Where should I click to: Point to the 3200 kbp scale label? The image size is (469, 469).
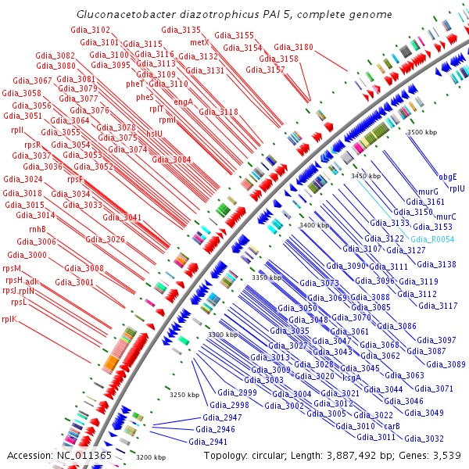point(150,457)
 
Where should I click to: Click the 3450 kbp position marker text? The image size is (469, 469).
point(365,177)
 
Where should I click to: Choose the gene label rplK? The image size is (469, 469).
point(9,319)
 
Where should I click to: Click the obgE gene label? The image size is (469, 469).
point(448,177)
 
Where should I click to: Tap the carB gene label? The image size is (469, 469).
point(392,426)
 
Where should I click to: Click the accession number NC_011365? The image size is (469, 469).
point(84,455)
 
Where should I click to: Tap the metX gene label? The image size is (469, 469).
point(199,41)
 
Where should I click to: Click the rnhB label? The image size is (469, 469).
point(38,229)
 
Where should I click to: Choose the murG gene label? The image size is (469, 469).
point(428,192)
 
